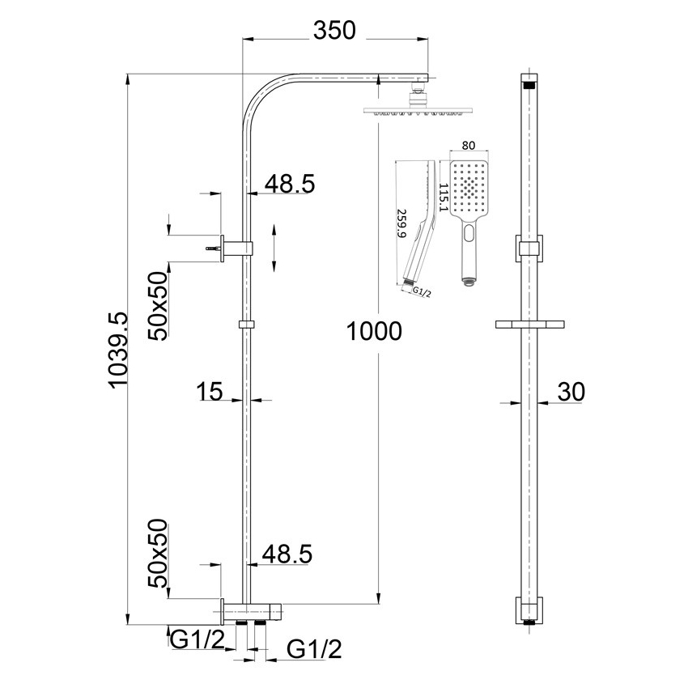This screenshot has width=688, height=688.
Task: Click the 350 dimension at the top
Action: [x=334, y=31]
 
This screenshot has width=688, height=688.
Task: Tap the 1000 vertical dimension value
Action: [x=373, y=331]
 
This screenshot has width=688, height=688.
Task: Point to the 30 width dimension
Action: [x=571, y=392]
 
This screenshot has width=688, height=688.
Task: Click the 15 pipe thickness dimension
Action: [x=210, y=393]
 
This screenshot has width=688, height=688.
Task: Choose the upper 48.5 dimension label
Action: [x=289, y=184]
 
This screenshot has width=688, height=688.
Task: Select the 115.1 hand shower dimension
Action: [x=444, y=199]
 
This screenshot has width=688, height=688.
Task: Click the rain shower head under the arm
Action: [x=402, y=110]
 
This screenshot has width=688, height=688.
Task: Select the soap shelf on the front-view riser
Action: [x=529, y=325]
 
